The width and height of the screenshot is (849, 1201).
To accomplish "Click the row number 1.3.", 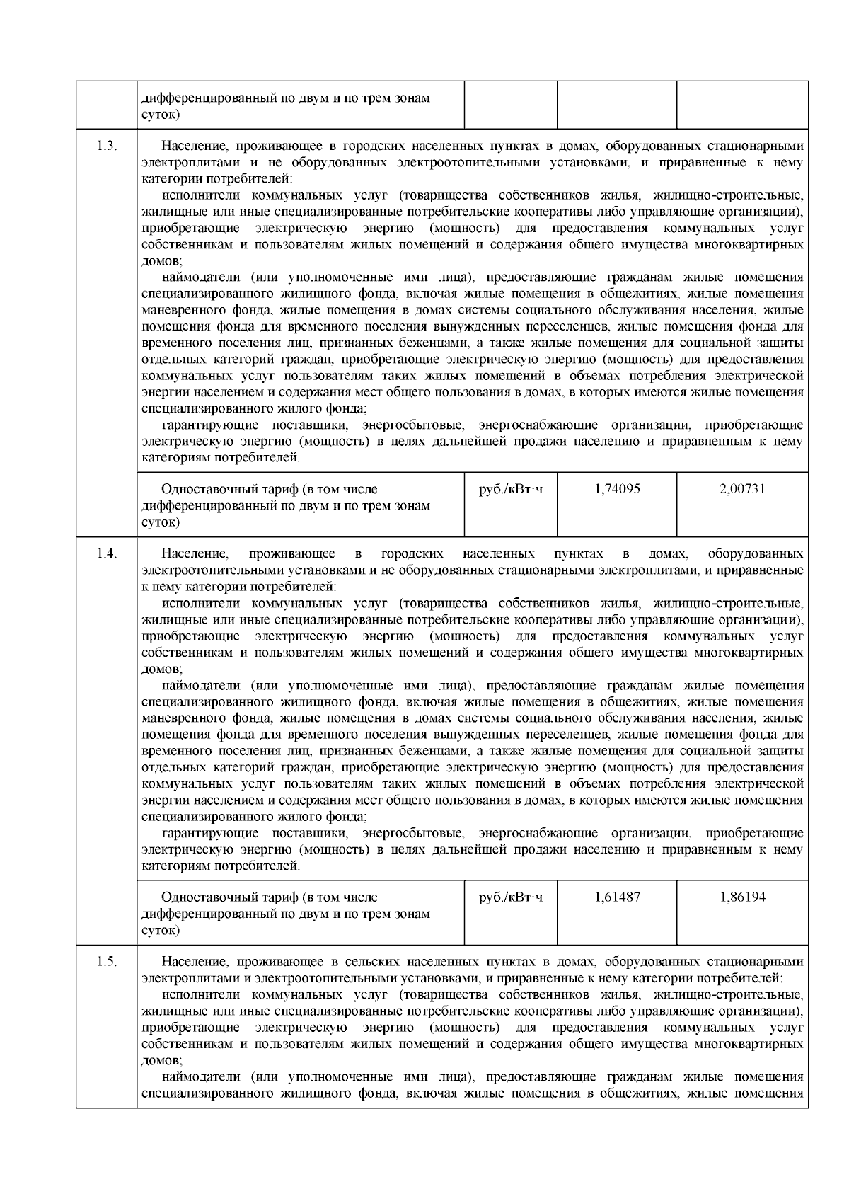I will point(106,146).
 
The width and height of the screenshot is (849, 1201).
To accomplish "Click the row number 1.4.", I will point(106,553).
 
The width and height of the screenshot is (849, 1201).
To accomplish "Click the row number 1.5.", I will point(106,962).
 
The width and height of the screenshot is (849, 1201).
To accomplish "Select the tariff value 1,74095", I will point(617,489).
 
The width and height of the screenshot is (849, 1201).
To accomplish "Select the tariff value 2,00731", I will point(742,489).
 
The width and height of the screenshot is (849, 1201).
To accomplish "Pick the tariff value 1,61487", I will point(617,897).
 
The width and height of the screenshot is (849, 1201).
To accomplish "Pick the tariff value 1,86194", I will point(742,897).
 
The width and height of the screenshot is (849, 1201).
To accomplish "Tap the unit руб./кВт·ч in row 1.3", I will point(511,489).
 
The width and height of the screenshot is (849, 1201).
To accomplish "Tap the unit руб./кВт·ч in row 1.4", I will point(511,897).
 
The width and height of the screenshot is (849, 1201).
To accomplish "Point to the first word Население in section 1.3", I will point(192,146).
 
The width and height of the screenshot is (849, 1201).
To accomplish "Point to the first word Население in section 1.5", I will point(192,962).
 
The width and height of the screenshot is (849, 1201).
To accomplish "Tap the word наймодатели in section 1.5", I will point(205,1077).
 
